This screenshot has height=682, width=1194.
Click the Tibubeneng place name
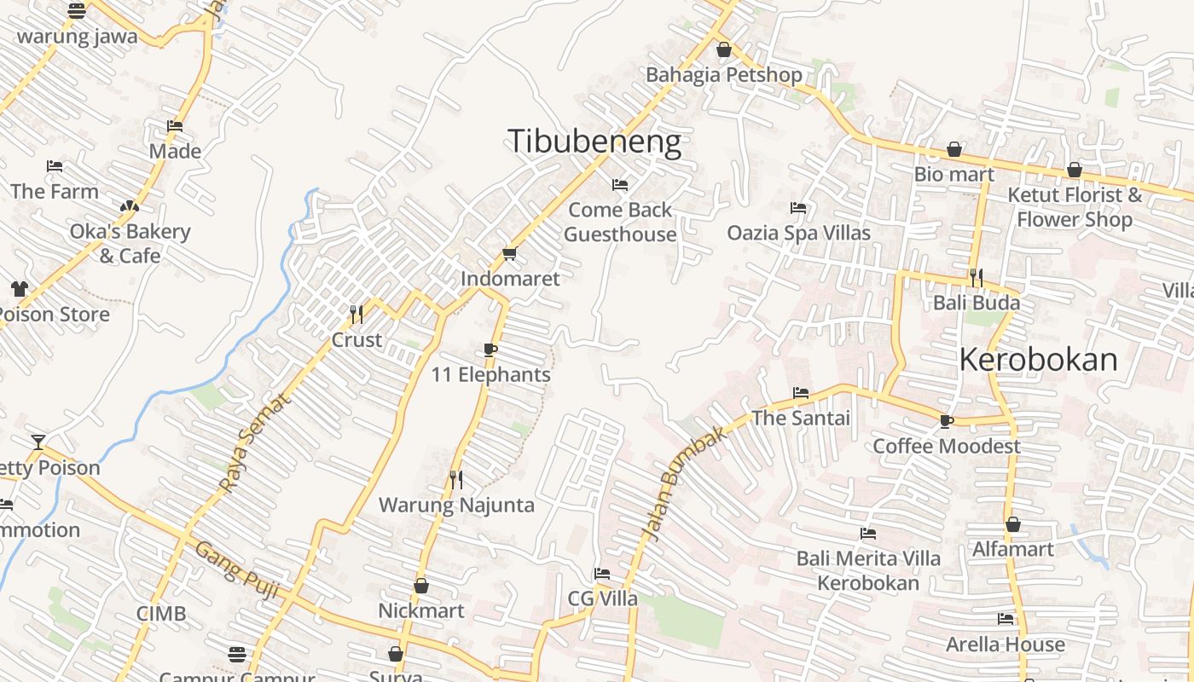coord(594,142)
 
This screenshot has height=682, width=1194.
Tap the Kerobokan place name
coord(1038,360)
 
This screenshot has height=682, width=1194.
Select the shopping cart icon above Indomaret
coord(510,253)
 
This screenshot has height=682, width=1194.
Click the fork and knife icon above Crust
coord(356,315)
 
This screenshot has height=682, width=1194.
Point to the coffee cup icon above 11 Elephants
coord(490,350)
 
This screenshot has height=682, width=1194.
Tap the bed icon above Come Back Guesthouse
coord(620,184)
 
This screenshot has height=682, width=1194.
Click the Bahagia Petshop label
coord(723,75)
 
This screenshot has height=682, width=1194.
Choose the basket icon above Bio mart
coord(954,150)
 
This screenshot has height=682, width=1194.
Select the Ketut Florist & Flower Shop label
coord(1075,207)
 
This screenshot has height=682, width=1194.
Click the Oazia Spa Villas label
coord(798,233)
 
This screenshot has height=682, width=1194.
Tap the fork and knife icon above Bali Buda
coord(976,278)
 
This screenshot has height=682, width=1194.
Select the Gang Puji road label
coord(237,569)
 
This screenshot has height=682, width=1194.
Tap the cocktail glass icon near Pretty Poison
coord(38,442)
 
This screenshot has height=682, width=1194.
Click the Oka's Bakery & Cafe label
coord(130,243)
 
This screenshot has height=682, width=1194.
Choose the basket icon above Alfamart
coord(1012,524)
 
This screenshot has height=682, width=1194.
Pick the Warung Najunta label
coord(456,505)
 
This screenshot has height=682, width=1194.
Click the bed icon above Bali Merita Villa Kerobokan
coord(868,534)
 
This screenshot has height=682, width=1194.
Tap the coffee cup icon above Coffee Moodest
coord(946,421)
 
